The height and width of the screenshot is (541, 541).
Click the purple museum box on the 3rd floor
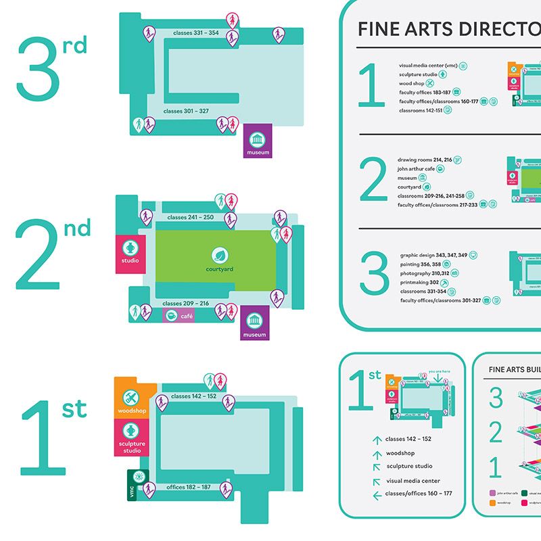(257, 141)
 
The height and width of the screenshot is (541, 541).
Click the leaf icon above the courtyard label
(220, 255)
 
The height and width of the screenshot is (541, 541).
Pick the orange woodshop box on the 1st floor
(132, 398)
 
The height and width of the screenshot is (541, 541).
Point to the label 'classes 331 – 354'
(195, 33)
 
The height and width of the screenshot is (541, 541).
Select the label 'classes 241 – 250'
(190, 218)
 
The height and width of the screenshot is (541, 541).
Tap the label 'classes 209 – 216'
(186, 304)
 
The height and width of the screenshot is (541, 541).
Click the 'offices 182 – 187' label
(189, 487)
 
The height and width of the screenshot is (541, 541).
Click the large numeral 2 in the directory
(374, 181)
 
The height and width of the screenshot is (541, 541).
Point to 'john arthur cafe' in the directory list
(416, 168)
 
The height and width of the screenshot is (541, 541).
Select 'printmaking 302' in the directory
(420, 282)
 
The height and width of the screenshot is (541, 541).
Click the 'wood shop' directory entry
(411, 83)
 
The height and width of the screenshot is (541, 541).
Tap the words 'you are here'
(440, 371)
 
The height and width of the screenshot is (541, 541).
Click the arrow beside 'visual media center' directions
(377, 481)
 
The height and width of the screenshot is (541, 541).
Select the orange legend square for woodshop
(492, 503)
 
